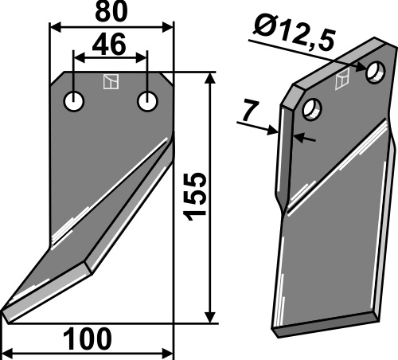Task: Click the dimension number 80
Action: (x=111, y=12)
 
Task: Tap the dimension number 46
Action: (x=109, y=45)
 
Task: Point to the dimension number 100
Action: (x=88, y=339)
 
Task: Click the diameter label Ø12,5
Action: (x=294, y=34)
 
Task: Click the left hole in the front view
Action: (x=74, y=101)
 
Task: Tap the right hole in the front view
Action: (x=147, y=101)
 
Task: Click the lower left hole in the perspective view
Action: (x=312, y=109)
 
